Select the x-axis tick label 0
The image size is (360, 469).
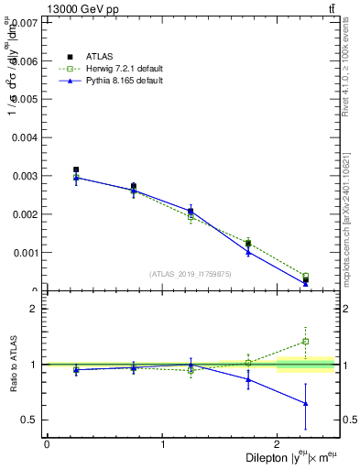(x=47, y=444)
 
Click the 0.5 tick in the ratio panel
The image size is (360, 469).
(x=34, y=420)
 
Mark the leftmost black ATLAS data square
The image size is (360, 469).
(x=76, y=169)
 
